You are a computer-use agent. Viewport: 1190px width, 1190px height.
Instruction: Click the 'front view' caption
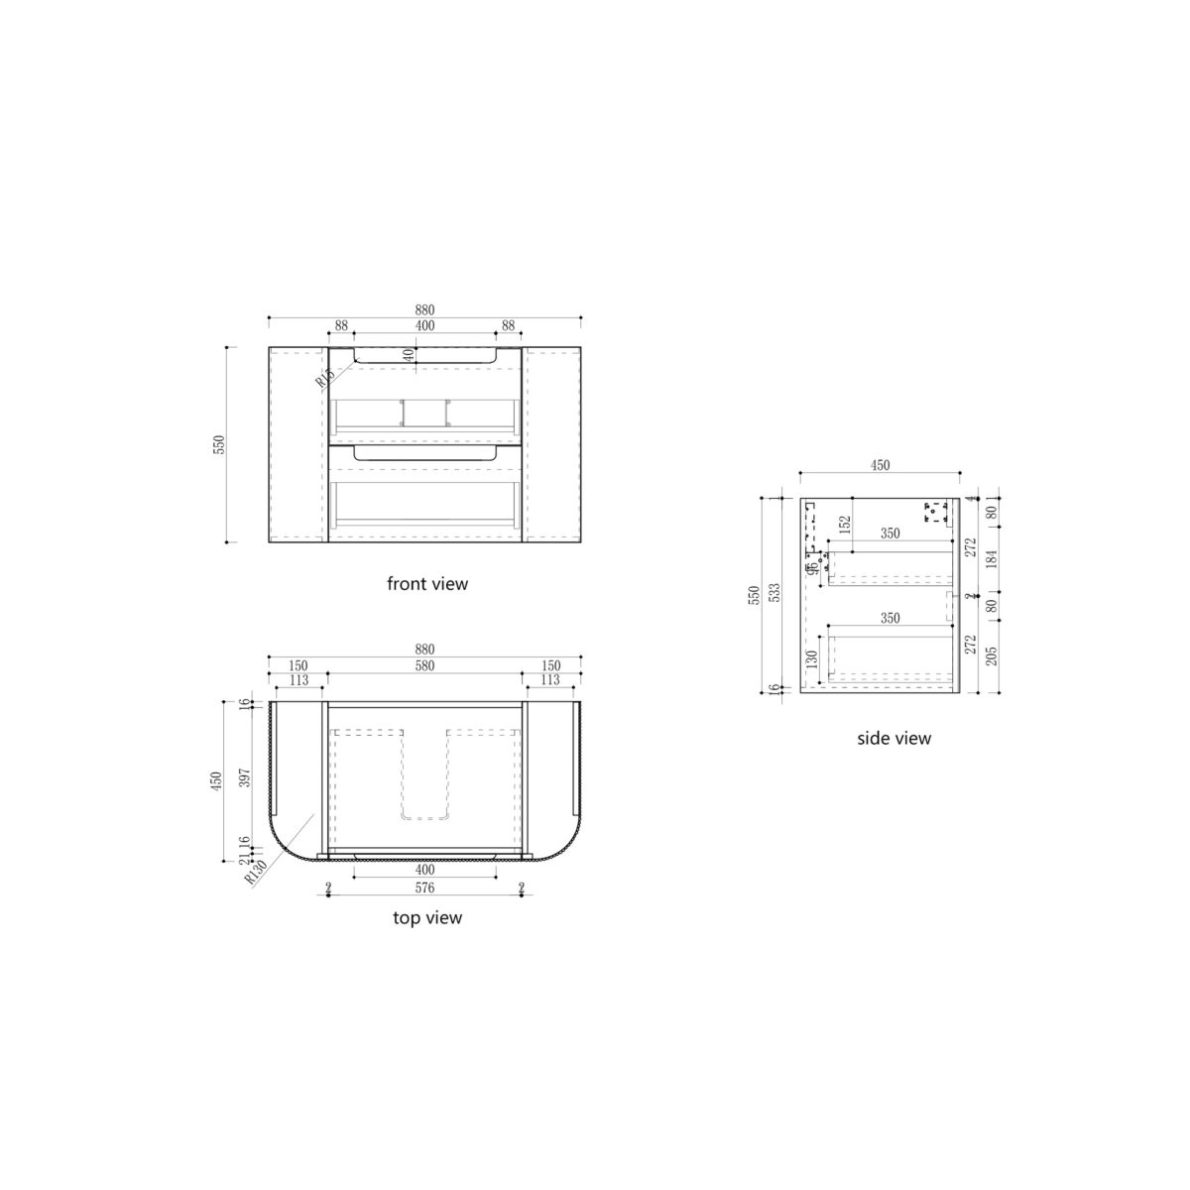tap(426, 584)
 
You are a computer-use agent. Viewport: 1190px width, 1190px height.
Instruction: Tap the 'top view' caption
tap(426, 918)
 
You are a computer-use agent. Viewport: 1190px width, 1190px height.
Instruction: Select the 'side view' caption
tap(893, 738)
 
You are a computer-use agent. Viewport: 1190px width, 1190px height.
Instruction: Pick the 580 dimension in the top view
tap(424, 665)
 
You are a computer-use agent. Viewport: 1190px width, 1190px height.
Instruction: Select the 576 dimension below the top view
tap(424, 888)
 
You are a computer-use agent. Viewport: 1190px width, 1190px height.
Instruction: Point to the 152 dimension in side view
tap(845, 525)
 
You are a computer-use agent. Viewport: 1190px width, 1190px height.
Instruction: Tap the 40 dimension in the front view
tap(407, 356)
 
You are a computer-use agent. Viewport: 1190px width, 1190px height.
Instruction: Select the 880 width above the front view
tap(424, 309)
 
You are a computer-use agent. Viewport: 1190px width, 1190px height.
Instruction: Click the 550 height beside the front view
tap(219, 444)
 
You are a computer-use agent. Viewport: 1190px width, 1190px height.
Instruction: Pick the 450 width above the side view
tap(880, 465)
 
